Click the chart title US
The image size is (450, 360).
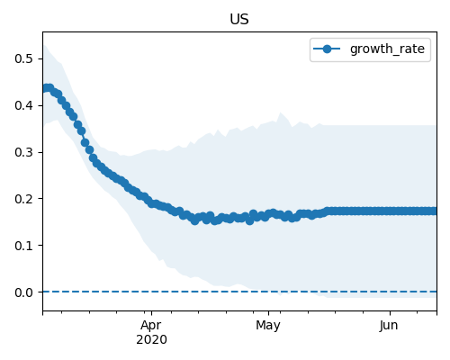pos(239,20)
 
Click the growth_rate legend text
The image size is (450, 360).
pos(387,49)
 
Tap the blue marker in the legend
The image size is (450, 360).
pos(327,49)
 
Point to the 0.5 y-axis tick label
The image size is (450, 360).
pos(23,58)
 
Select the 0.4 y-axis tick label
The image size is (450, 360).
pos(23,105)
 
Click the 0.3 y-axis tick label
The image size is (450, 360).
pos(23,152)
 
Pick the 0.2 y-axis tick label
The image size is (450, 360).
pos(23,199)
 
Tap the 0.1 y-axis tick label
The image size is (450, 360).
pos(23,246)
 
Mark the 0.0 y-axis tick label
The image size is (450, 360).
pos(23,292)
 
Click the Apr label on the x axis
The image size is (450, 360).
pos(151,326)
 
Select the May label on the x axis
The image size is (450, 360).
pos(268,326)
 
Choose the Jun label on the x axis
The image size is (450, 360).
pos(389,326)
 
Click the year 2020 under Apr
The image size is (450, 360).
pos(151,340)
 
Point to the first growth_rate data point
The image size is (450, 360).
pos(45,89)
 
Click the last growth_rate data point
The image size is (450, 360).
pos(434,211)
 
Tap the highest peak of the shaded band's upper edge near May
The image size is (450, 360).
pos(280,112)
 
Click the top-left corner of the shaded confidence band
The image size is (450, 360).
pos(43,45)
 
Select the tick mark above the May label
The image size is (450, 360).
pos(268,313)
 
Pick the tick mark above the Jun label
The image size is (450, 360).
pos(390,313)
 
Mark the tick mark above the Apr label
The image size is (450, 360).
pos(152,313)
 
